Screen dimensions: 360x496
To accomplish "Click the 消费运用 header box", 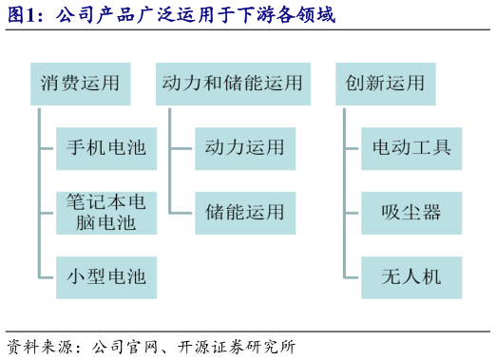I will click(x=80, y=84).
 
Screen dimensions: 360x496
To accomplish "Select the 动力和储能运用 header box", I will click(x=233, y=84).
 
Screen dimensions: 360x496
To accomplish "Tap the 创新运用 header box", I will click(x=386, y=84).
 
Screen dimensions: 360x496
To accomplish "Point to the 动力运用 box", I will click(x=245, y=148).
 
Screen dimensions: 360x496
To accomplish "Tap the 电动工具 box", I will click(x=411, y=148).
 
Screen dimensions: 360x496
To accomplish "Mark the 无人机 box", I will click(x=411, y=277).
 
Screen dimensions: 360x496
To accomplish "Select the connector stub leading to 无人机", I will click(x=351, y=277).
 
